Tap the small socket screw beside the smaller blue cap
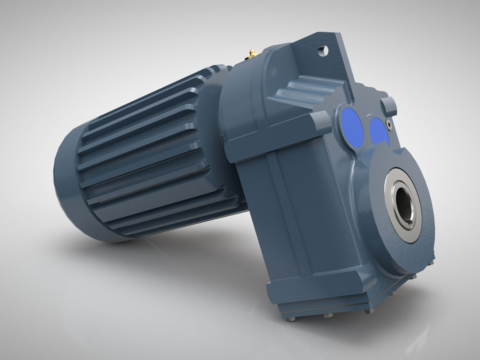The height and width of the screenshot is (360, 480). click(389, 124)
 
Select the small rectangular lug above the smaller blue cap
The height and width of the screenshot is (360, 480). click(389, 103)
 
